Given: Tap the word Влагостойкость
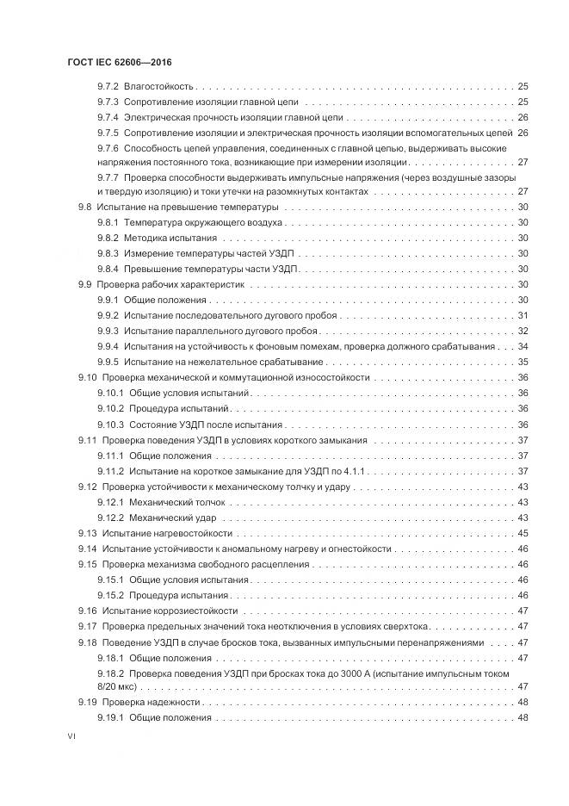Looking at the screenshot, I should click(x=159, y=87).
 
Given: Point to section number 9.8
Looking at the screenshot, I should click(x=84, y=208).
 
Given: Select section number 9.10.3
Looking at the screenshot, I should click(x=111, y=425).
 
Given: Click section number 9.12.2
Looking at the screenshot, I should click(x=111, y=518).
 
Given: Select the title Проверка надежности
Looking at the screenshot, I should click(x=145, y=704).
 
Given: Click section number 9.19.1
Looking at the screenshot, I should click(x=111, y=718).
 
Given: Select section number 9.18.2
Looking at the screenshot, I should click(x=111, y=673).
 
